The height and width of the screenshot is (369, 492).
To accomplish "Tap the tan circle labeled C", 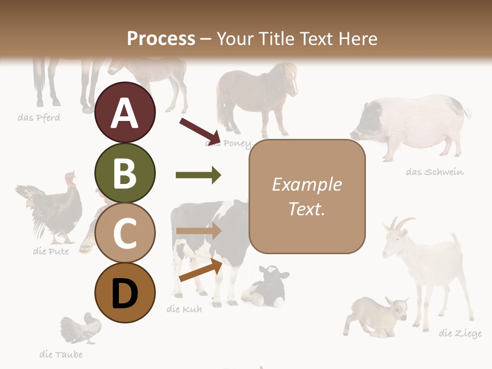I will tap(125, 233).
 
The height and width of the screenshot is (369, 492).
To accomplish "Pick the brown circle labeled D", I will tap(125, 293).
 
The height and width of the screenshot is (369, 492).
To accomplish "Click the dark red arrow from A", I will tap(200, 131).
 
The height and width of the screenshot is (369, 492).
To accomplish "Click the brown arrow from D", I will tap(200, 271).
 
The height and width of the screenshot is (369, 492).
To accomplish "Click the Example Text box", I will tap(307, 196).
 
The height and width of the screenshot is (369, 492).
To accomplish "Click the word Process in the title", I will tap(161, 38).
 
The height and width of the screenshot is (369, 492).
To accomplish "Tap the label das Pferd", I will tap(39, 118).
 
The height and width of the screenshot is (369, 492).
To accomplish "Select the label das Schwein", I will tap(435, 172).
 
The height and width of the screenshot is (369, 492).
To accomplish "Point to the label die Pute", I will tap(50, 252).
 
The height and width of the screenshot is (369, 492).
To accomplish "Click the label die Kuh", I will tap(184, 309).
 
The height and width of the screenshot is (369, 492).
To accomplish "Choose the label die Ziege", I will tap(460, 334).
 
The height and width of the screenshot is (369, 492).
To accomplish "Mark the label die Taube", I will tap(60, 354).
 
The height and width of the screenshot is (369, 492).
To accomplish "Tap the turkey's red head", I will tap(70, 179).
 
